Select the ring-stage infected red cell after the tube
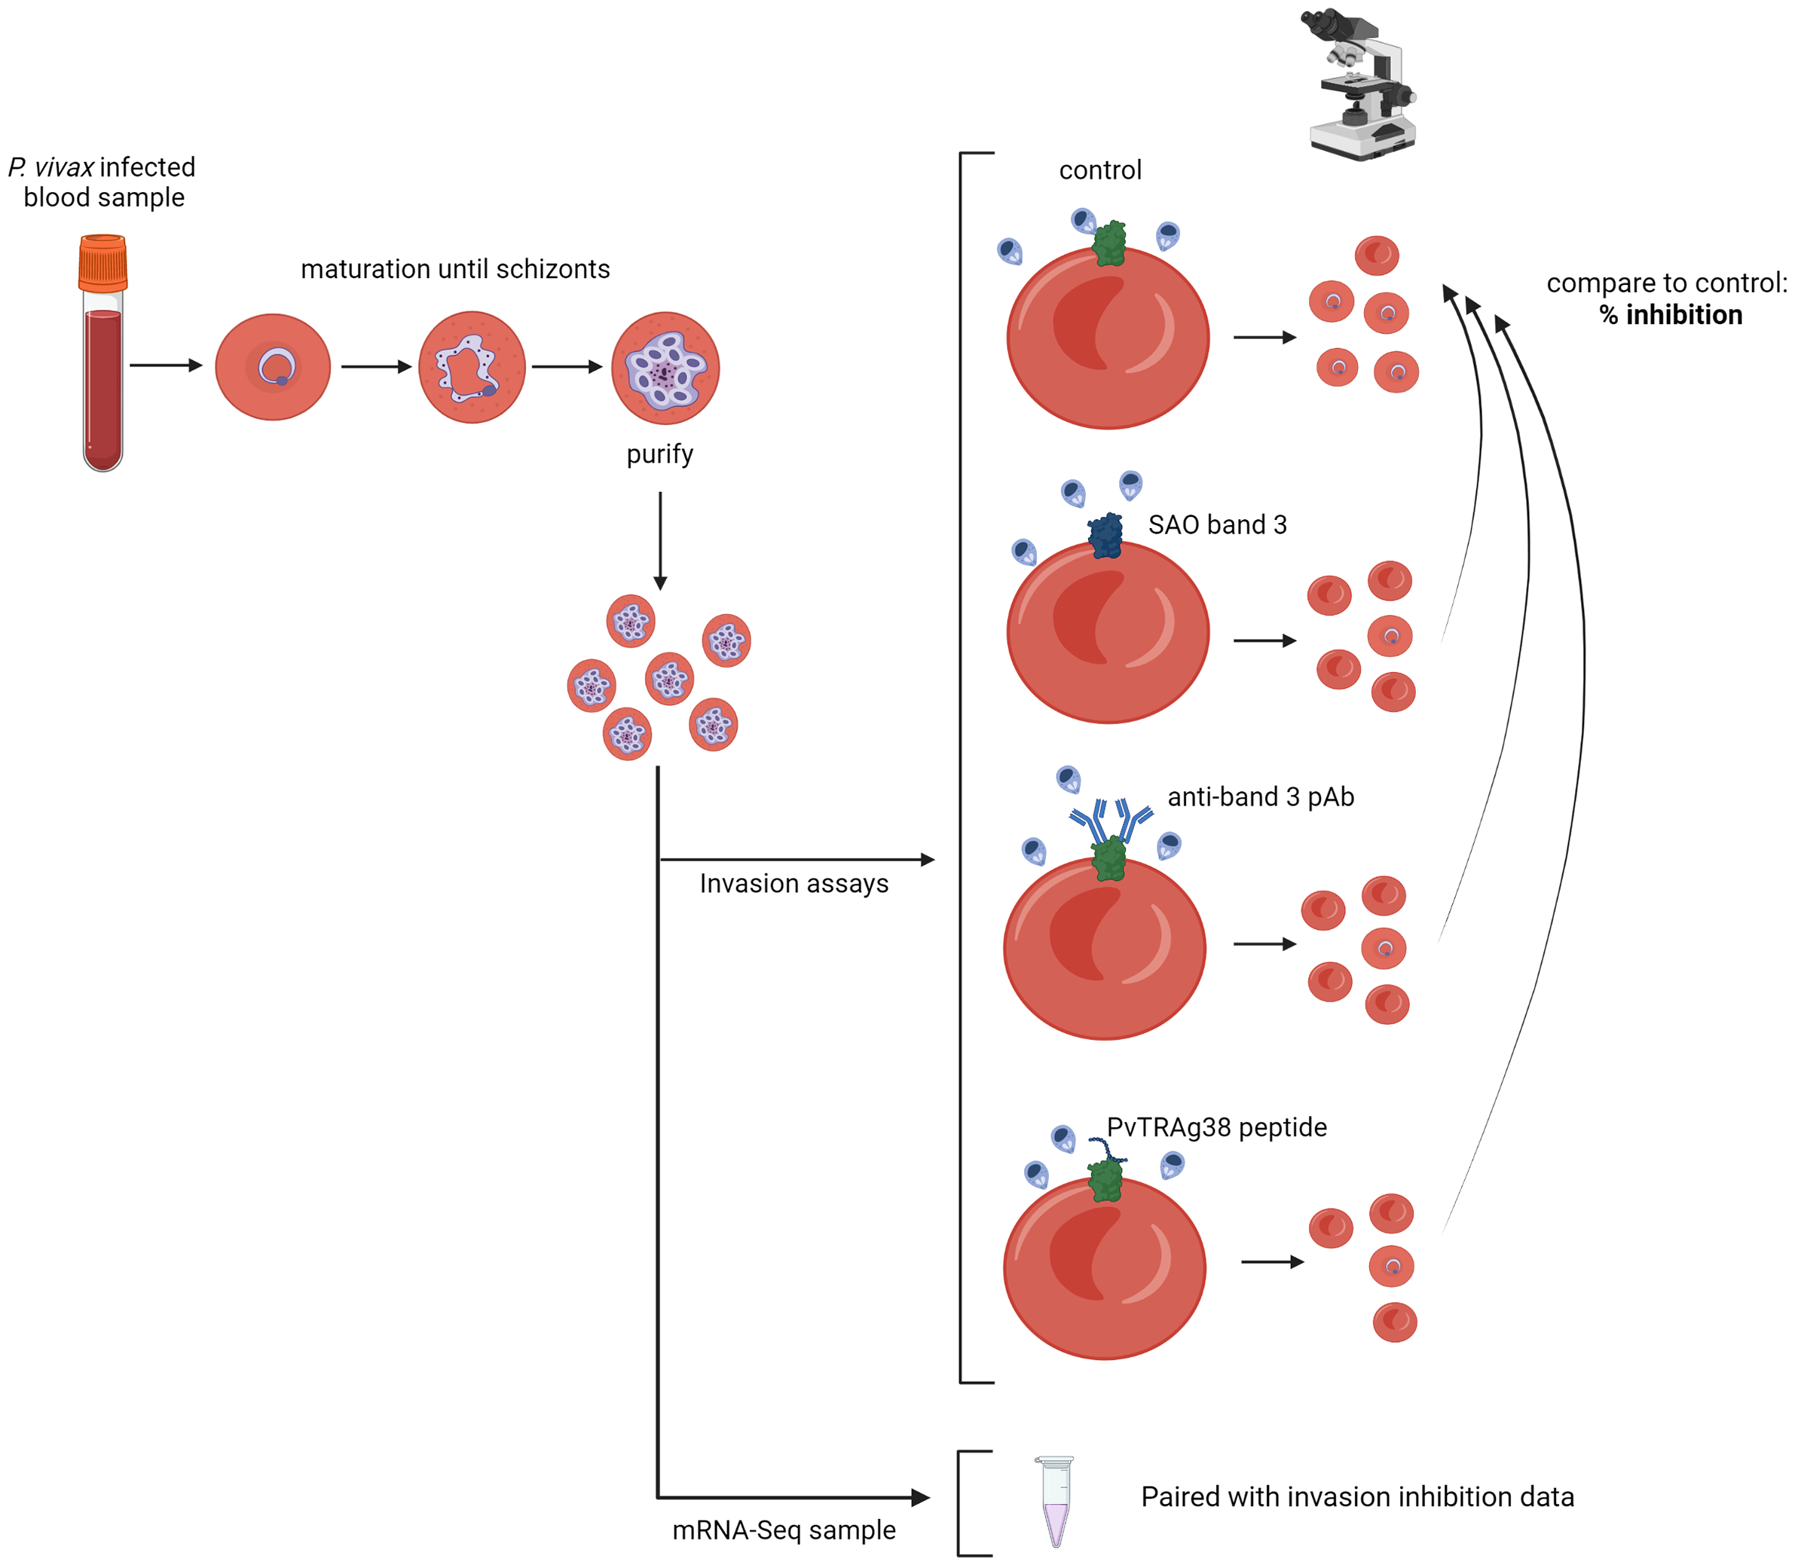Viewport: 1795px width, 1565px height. click(273, 367)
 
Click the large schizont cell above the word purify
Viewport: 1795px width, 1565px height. click(665, 368)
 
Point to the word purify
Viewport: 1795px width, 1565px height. click(659, 454)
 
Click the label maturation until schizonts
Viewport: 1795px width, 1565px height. click(455, 269)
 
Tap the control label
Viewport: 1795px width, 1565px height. click(1099, 170)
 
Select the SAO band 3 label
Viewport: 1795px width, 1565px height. click(1217, 525)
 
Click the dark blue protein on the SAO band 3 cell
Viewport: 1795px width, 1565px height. click(1105, 535)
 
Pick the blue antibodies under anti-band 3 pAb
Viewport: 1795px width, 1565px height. click(1111, 818)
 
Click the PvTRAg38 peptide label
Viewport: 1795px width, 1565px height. click(1216, 1127)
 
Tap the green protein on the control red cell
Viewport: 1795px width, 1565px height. click(1109, 243)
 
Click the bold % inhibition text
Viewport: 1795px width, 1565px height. click(1670, 315)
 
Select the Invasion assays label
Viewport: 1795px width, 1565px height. click(793, 884)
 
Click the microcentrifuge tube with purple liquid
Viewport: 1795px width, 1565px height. click(1055, 1500)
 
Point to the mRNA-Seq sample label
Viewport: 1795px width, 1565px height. click(784, 1530)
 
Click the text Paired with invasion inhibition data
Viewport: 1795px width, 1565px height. click(1356, 1497)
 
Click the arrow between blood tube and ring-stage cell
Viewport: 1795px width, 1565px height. click(166, 365)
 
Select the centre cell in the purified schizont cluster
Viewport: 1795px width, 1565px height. click(669, 679)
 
